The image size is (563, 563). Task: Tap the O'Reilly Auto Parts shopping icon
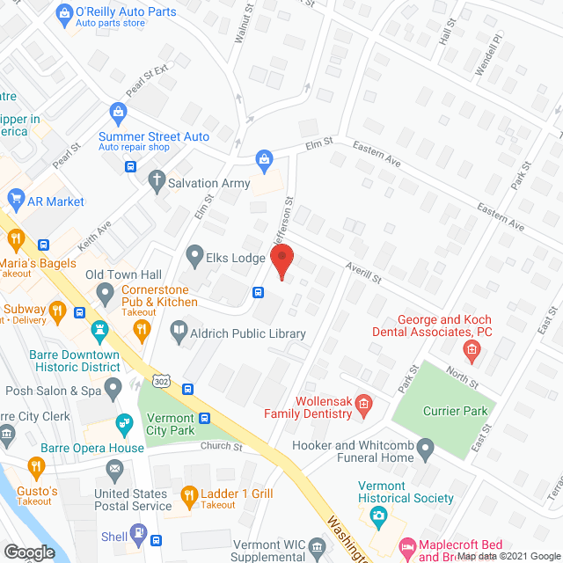tap(62, 13)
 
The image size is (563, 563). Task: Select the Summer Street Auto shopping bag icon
tap(117, 112)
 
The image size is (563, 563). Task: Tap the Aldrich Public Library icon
tap(179, 333)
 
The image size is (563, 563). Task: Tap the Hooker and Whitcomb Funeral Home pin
tap(426, 451)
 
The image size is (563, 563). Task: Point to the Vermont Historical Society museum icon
tap(378, 513)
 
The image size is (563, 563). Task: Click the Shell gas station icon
tap(138, 533)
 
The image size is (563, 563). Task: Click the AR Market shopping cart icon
tap(13, 201)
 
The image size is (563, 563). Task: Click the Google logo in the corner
tap(29, 552)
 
